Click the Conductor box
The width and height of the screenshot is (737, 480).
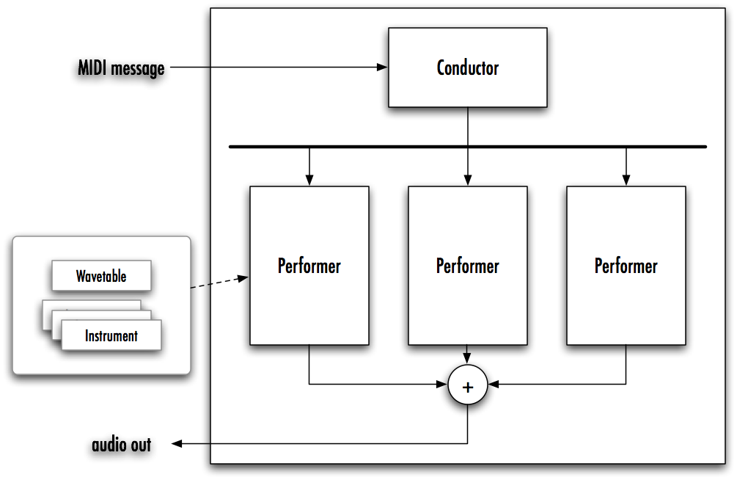(x=467, y=68)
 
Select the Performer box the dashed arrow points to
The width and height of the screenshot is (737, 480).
(x=309, y=265)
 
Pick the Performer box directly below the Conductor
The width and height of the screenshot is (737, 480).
(x=467, y=265)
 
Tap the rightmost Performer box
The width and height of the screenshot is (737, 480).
(x=626, y=265)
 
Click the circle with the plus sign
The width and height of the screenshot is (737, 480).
(x=468, y=385)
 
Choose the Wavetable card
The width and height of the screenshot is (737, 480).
(x=101, y=276)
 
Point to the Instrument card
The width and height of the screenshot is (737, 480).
(x=111, y=336)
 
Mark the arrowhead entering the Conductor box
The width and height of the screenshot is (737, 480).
(x=382, y=68)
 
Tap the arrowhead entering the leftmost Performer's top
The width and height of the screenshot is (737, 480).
(x=309, y=181)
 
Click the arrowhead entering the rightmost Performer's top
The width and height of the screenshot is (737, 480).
(x=626, y=181)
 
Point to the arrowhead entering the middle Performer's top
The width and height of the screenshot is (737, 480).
(x=468, y=181)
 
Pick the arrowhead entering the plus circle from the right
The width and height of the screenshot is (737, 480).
(x=494, y=384)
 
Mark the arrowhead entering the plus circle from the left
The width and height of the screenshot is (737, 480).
(x=442, y=384)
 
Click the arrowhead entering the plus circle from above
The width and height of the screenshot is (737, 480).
(x=468, y=359)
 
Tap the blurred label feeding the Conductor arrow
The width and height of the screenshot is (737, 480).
(x=120, y=71)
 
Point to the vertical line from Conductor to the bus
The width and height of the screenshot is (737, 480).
(x=468, y=126)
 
